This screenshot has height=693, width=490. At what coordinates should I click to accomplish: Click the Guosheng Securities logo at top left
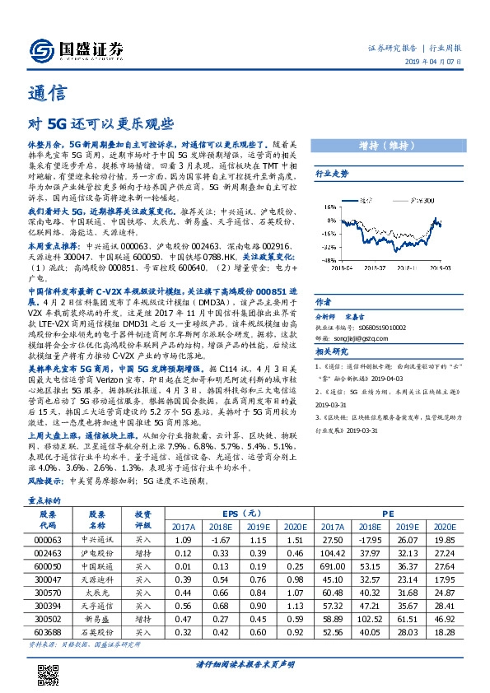pos(77,50)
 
